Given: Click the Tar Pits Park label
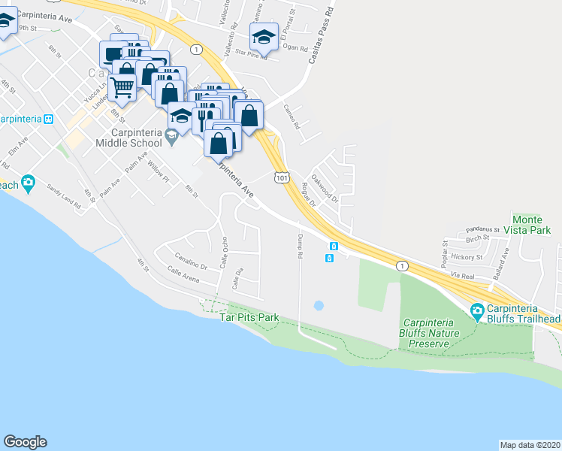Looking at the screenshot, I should pyautogui.click(x=249, y=318).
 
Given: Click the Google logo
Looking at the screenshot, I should pyautogui.click(x=25, y=442).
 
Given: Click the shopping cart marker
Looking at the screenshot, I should pyautogui.click(x=122, y=87).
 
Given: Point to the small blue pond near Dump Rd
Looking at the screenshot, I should pyautogui.click(x=318, y=306).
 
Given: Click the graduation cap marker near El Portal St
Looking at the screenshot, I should pyautogui.click(x=263, y=37).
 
